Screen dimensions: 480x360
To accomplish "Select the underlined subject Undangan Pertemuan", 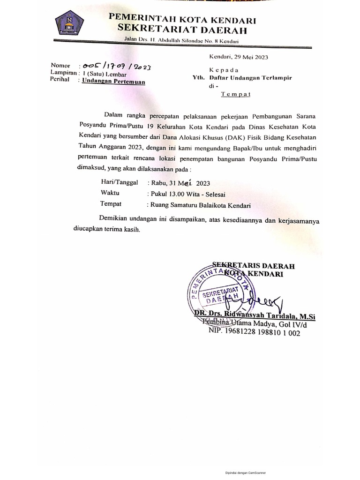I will (114, 81).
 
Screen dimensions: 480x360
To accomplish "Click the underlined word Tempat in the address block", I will (236, 94).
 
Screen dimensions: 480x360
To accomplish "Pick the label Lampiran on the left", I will (63, 74).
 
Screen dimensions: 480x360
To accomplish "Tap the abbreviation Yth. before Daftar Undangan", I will (200, 78).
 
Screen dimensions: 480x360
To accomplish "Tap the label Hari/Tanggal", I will (119, 182).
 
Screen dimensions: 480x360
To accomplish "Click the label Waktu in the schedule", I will (110, 193).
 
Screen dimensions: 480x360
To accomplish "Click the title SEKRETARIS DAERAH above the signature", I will (253, 266).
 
